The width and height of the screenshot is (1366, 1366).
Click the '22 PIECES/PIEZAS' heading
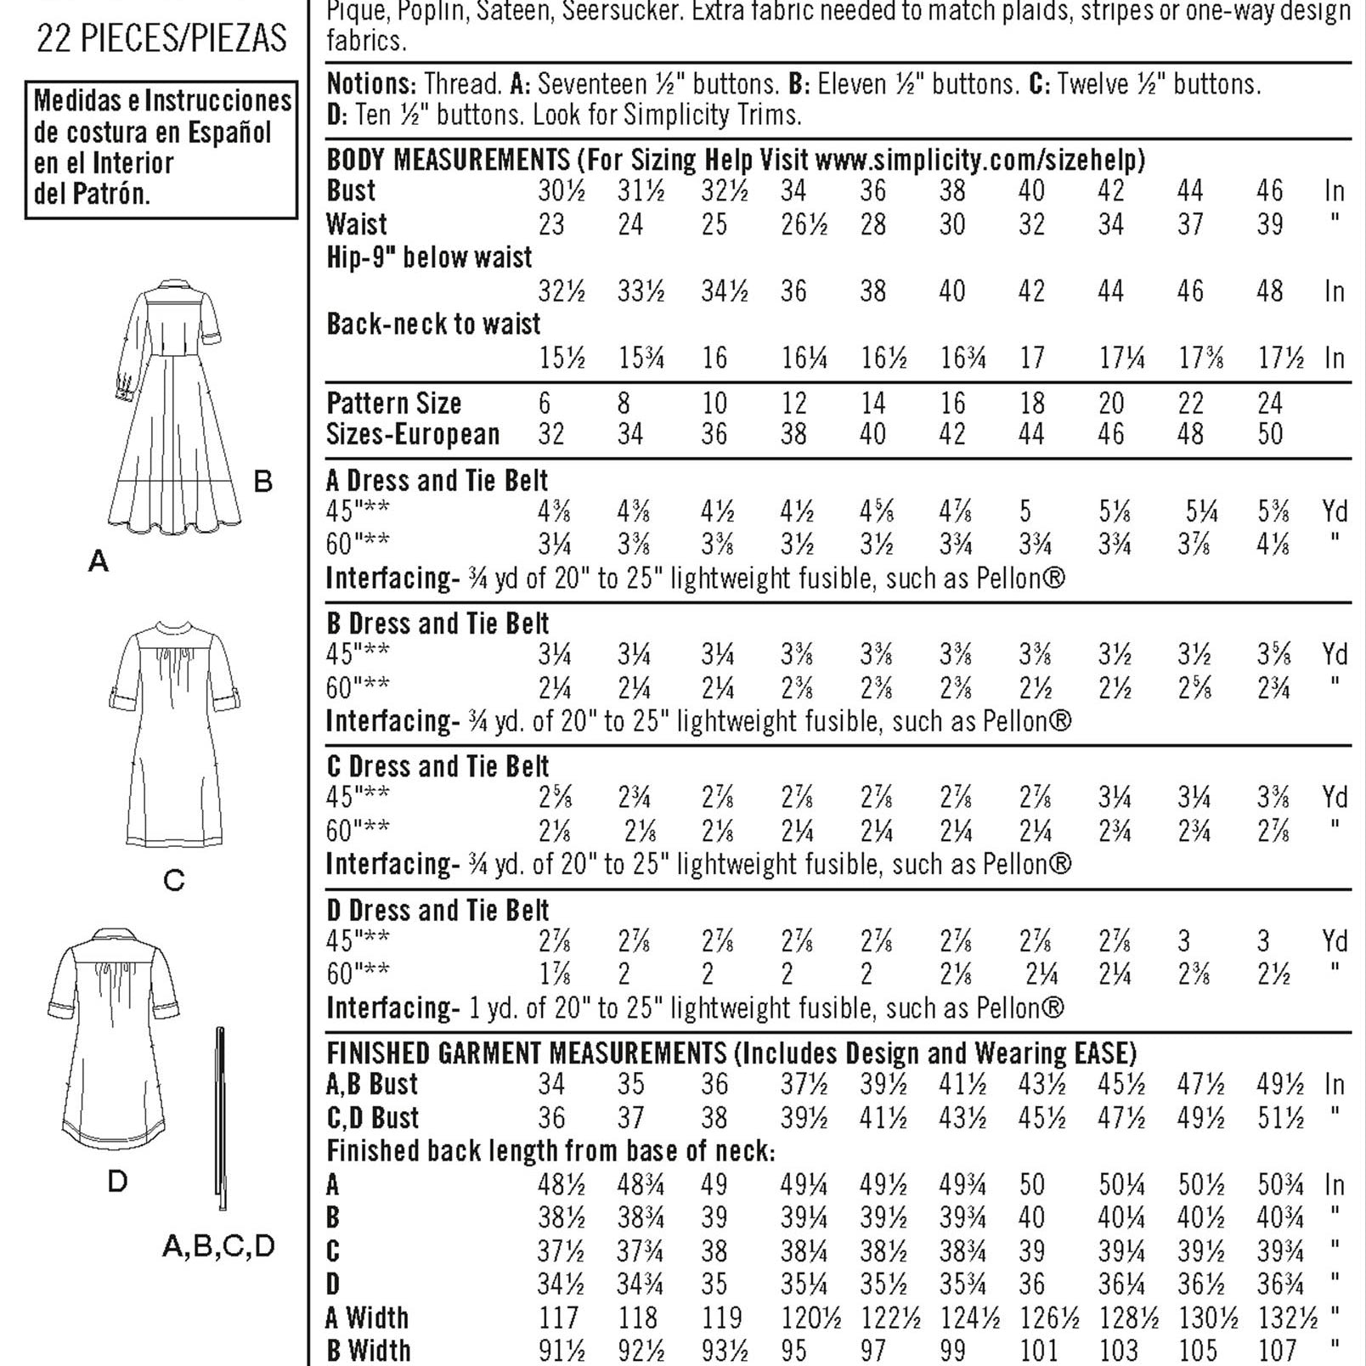pyautogui.click(x=161, y=39)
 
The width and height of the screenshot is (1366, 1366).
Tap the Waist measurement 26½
pyautogui.click(x=804, y=225)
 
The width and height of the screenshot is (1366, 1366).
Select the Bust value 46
pyautogui.click(x=1269, y=191)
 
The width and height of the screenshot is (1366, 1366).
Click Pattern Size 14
pyautogui.click(x=872, y=403)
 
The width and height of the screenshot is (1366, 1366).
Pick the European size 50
pyautogui.click(x=1269, y=434)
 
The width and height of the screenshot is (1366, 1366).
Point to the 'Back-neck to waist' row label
pyautogui.click(x=433, y=324)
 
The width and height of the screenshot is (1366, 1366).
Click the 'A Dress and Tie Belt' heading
pyautogui.click(x=437, y=481)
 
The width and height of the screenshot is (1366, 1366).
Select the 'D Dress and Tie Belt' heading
pyautogui.click(x=437, y=911)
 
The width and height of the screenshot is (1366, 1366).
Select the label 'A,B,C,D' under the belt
pyautogui.click(x=218, y=1246)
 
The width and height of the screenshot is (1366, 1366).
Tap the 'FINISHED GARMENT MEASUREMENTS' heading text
pyautogui.click(x=527, y=1053)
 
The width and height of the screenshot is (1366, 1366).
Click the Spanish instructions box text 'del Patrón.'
pyautogui.click(x=92, y=195)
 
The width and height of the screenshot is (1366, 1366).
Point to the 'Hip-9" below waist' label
pyautogui.click(x=429, y=257)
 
